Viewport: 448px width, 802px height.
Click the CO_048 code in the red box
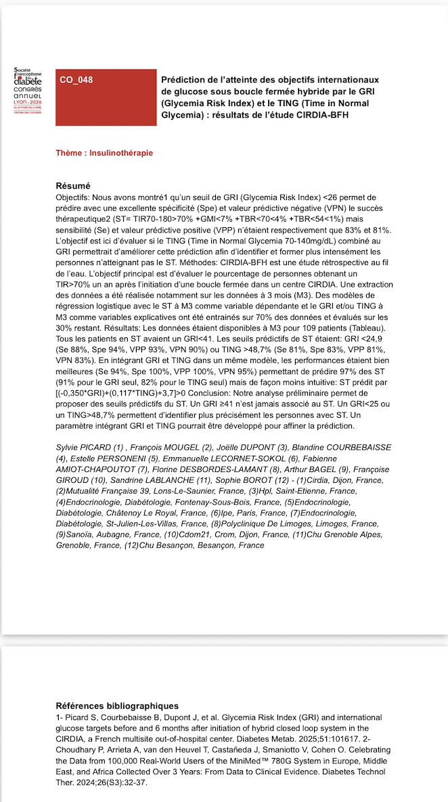pyautogui.click(x=76, y=80)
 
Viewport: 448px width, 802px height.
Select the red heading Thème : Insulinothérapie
pyautogui.click(x=104, y=153)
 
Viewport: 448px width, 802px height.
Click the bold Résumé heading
pyautogui.click(x=73, y=186)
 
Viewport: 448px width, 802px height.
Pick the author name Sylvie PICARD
pyautogui.click(x=82, y=448)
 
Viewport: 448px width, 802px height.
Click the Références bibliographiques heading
pyautogui.click(x=117, y=706)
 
